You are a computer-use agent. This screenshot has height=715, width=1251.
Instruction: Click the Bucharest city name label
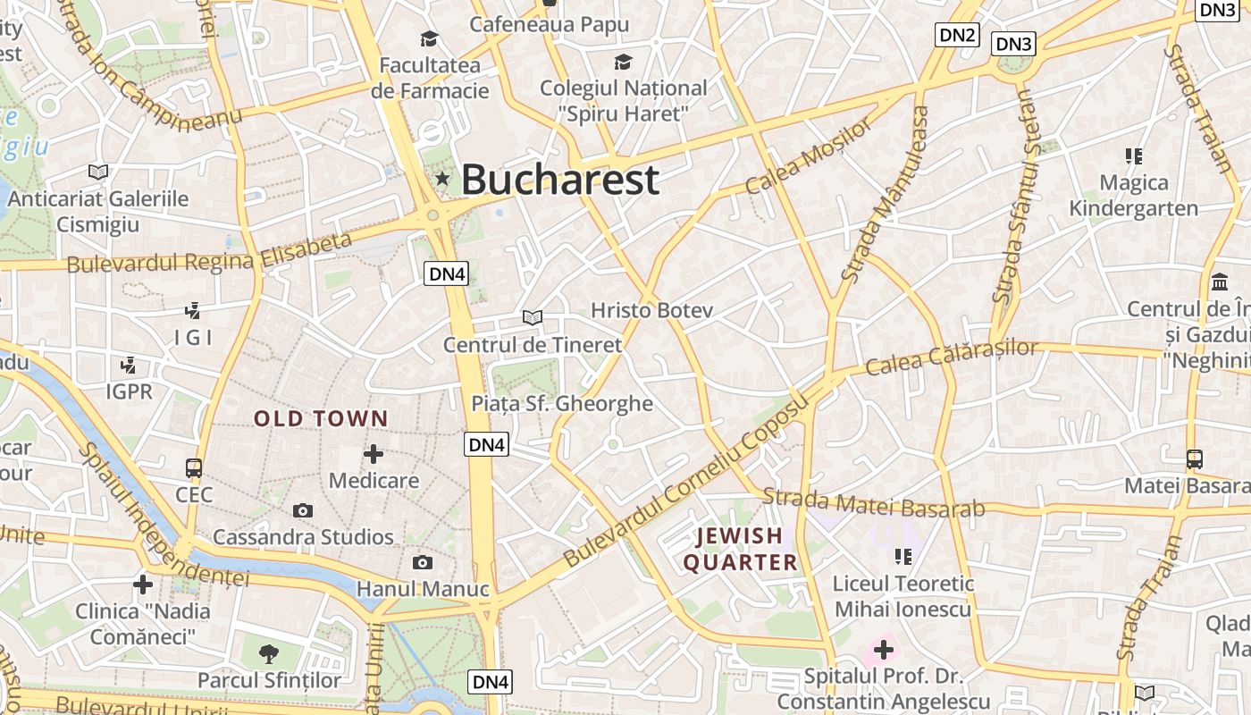click(x=560, y=180)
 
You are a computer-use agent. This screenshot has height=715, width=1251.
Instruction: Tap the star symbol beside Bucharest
click(x=441, y=179)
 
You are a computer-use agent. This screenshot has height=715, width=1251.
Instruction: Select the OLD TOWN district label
click(x=321, y=418)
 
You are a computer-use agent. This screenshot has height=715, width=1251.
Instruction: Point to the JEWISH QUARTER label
click(x=740, y=549)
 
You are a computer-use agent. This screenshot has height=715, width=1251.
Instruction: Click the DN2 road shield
click(x=957, y=35)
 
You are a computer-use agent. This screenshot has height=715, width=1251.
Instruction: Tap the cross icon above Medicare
click(x=374, y=454)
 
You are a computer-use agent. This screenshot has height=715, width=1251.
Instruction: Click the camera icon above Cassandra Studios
click(x=303, y=510)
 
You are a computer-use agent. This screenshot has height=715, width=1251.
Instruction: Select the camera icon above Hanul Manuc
click(x=423, y=562)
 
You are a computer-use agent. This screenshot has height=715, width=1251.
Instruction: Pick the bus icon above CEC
click(x=194, y=467)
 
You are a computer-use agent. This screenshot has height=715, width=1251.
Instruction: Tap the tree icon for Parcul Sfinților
click(x=268, y=653)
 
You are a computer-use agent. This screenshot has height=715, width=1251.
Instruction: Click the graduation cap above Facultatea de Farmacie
click(x=430, y=38)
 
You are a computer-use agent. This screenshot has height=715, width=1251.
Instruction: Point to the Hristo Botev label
click(x=651, y=310)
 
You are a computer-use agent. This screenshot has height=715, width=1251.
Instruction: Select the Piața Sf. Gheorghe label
click(x=562, y=404)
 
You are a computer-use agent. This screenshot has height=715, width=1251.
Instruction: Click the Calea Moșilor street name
click(x=808, y=157)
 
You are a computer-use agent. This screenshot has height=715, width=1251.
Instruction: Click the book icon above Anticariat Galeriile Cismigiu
click(x=98, y=172)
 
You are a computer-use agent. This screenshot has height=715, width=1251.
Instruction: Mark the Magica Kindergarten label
click(x=1134, y=196)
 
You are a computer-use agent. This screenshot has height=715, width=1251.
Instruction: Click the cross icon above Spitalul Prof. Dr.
click(x=883, y=650)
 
